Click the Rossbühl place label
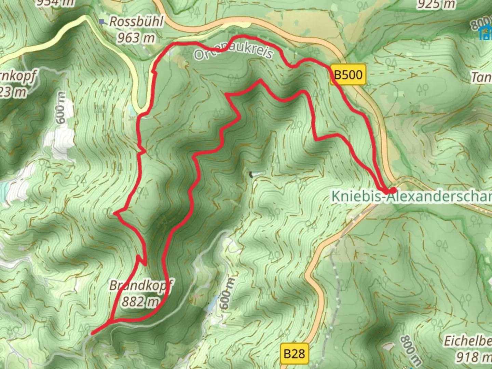coord(136,22)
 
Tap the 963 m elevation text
coord(136,38)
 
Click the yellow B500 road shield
coord(348,74)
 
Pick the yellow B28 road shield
coord(294,354)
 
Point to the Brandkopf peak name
coord(141,285)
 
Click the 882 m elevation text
coord(140,302)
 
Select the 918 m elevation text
coord(474,357)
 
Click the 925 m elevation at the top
coord(436,4)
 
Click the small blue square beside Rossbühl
coord(101,22)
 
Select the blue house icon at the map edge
coord(486,33)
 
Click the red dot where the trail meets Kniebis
coord(393,190)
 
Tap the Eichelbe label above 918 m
coord(468,341)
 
